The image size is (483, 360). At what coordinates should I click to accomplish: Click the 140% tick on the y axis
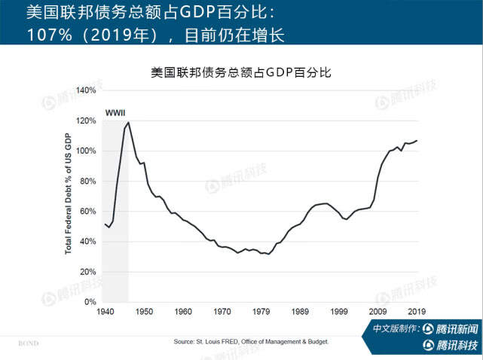(x=85, y=90)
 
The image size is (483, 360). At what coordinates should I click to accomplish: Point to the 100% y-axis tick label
(x=85, y=151)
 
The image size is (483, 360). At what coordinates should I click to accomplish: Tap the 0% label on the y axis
(x=90, y=302)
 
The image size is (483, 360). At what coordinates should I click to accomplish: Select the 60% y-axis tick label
(x=87, y=212)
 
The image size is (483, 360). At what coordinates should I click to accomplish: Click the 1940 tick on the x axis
(x=105, y=311)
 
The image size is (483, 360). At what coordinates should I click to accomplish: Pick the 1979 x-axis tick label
(x=261, y=311)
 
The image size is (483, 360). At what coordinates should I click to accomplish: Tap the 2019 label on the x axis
(x=418, y=311)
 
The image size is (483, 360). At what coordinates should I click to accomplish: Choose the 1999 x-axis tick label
(x=340, y=311)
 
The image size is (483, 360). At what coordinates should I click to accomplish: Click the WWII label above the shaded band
(x=115, y=113)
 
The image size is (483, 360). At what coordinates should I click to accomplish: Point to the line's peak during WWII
(x=128, y=122)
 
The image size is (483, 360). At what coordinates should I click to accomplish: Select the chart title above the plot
(x=241, y=73)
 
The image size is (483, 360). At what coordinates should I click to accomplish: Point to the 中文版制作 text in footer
(x=396, y=330)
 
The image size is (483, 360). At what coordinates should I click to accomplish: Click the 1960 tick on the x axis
(x=183, y=311)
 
